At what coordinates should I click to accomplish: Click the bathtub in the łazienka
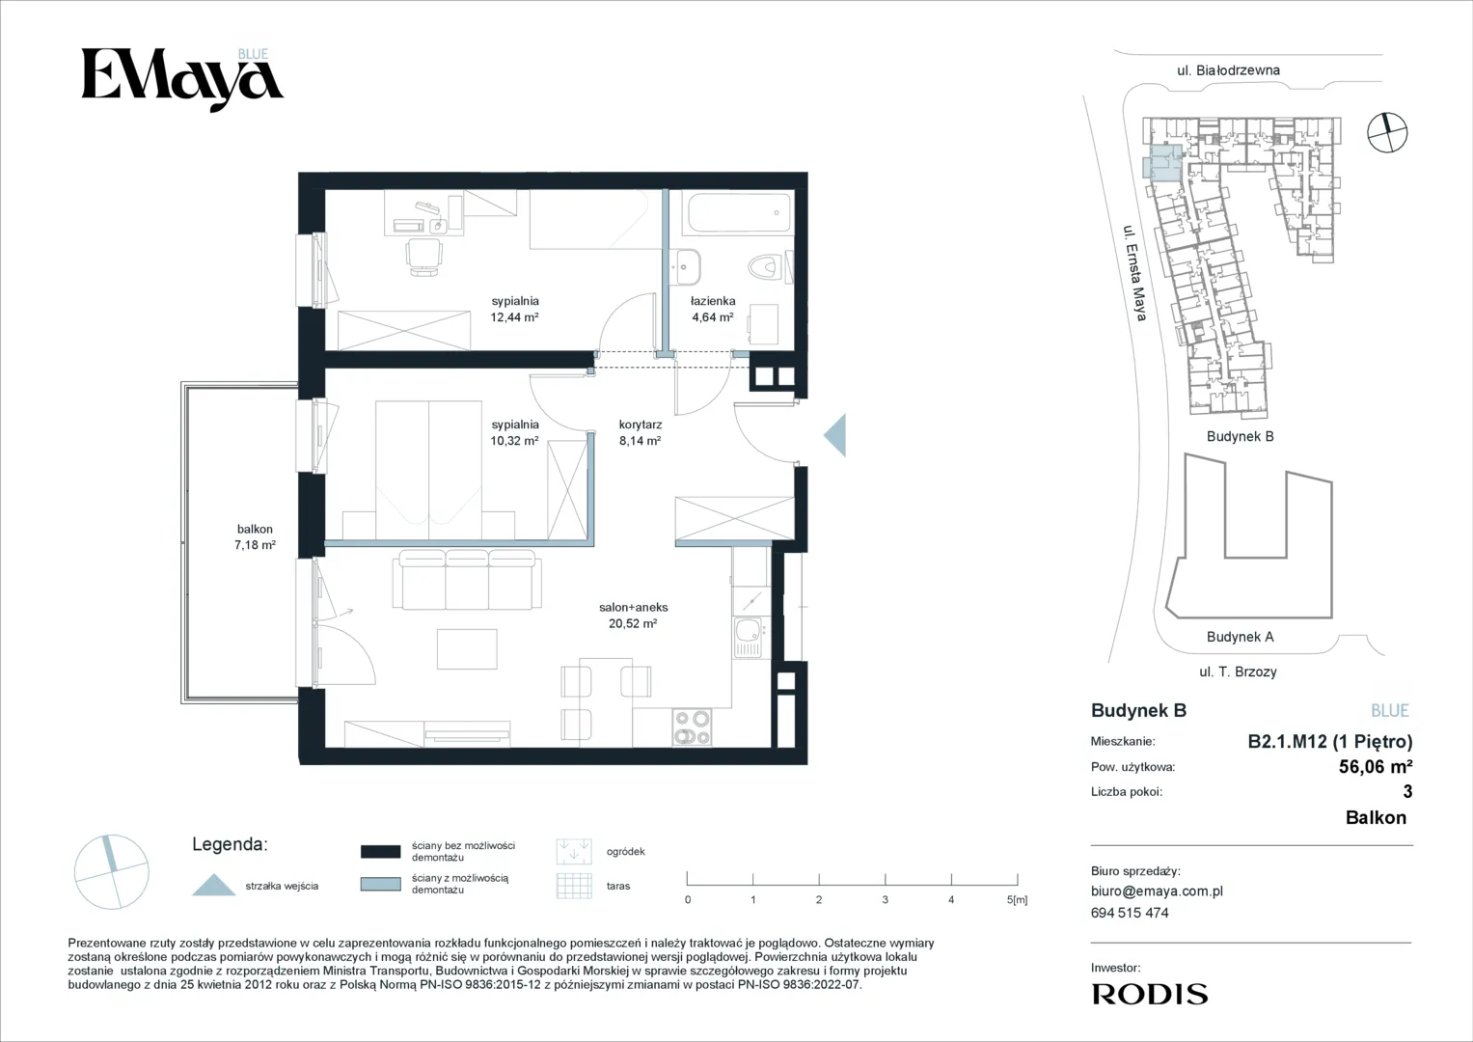738,212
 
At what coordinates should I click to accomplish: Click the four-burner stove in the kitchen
692,727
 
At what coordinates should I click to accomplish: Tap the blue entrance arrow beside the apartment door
835,435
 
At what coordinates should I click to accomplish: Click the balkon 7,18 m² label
255,536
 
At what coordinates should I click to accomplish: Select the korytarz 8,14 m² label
640,433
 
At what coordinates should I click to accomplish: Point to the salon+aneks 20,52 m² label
633,616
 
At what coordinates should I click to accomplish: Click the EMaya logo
182,80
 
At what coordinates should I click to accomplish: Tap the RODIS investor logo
1150,994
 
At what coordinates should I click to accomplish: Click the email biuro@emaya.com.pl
1157,891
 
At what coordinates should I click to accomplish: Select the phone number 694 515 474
1130,913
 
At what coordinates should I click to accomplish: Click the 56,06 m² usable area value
1376,766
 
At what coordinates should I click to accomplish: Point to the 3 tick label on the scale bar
886,899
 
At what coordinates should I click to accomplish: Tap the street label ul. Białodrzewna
1228,70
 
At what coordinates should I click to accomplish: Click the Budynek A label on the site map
1241,637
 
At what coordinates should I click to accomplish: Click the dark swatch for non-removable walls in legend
381,852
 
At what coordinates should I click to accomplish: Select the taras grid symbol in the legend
574,886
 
